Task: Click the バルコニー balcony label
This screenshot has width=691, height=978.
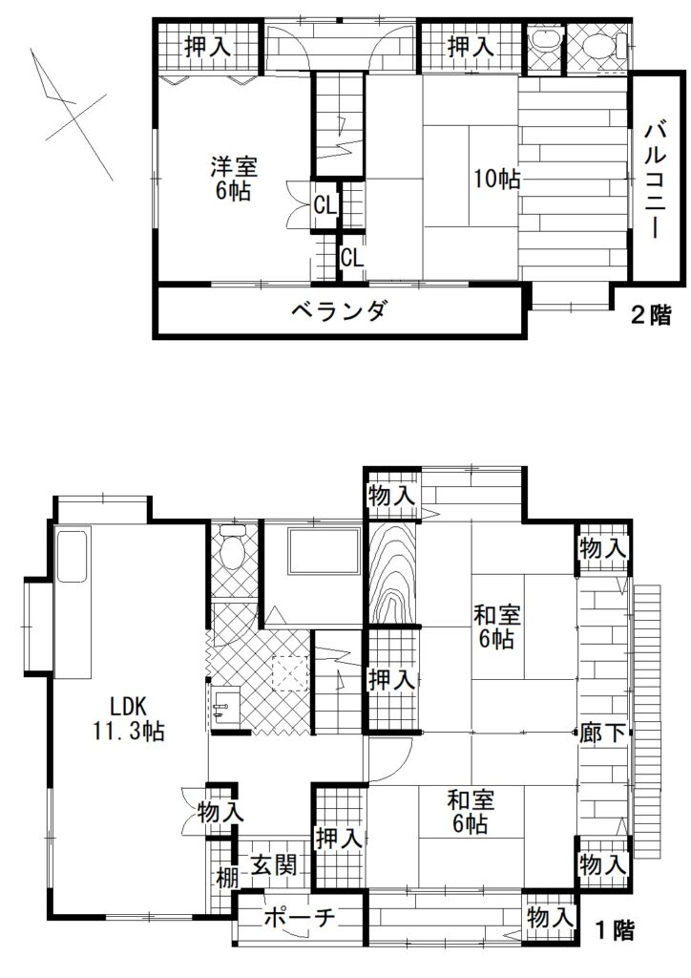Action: (654, 181)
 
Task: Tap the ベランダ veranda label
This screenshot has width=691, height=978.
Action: (340, 310)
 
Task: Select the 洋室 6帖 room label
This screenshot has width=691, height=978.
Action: (234, 179)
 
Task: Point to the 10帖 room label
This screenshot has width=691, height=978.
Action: (497, 180)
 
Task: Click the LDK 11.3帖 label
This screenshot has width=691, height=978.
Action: (128, 719)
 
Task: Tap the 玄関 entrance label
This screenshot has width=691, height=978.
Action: (274, 865)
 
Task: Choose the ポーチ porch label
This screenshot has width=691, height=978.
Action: (300, 917)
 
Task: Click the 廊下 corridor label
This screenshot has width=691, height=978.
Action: (602, 733)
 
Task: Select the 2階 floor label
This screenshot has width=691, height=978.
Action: (651, 315)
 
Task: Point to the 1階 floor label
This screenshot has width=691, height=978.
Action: (615, 930)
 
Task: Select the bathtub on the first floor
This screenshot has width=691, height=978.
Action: (324, 551)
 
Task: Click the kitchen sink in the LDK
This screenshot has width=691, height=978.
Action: (72, 556)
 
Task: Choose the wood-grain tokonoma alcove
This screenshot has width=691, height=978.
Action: (392, 573)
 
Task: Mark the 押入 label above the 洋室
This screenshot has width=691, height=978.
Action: (208, 46)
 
